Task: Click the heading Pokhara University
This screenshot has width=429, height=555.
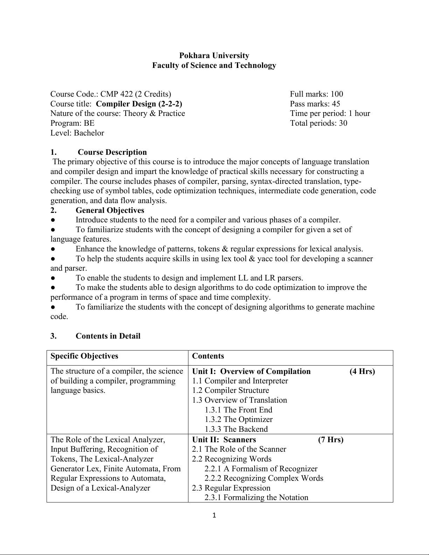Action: pyautogui.click(x=214, y=56)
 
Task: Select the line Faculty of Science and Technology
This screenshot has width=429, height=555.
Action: pyautogui.click(x=214, y=65)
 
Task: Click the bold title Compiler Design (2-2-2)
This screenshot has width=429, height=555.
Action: pyautogui.click(x=139, y=104)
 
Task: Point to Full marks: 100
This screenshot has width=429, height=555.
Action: pyautogui.click(x=316, y=94)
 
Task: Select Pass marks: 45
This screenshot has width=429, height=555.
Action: pyautogui.click(x=315, y=104)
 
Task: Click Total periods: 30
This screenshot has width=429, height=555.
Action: pyautogui.click(x=318, y=123)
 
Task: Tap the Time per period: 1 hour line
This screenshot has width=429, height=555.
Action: pyautogui.click(x=330, y=113)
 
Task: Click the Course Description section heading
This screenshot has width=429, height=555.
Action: pyautogui.click(x=112, y=152)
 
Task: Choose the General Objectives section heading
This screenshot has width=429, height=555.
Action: pyautogui.click(x=110, y=210)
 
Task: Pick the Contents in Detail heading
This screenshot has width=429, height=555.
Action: pyautogui.click(x=108, y=336)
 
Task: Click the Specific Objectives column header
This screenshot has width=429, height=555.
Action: pyautogui.click(x=84, y=356)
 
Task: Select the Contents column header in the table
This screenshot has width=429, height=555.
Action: pyautogui.click(x=208, y=356)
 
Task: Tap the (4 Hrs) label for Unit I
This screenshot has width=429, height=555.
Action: pyautogui.click(x=362, y=372)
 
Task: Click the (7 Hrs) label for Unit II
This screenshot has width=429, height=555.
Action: pyautogui.click(x=331, y=440)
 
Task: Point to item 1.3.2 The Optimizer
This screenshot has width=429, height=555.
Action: pyautogui.click(x=238, y=419)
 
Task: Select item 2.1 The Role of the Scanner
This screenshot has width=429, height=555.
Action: pyautogui.click(x=239, y=449)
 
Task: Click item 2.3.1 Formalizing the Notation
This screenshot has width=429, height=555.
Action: pyautogui.click(x=256, y=498)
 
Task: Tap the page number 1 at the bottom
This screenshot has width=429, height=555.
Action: pyautogui.click(x=214, y=515)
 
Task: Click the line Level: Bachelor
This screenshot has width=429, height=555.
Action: pyautogui.click(x=77, y=133)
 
